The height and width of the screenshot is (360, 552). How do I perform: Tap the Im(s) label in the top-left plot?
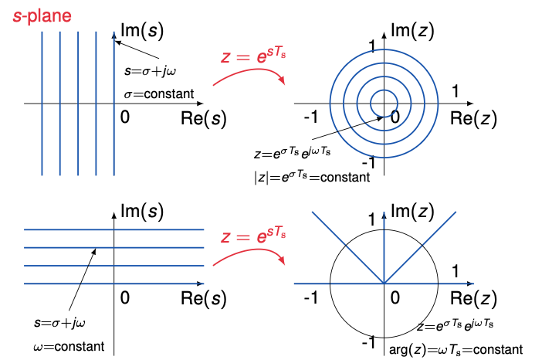point(143,31)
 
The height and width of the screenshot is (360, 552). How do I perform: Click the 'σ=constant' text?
point(157,94)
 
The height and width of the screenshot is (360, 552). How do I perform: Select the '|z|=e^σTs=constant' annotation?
point(311,176)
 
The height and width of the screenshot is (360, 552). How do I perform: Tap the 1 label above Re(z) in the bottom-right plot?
point(455,272)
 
